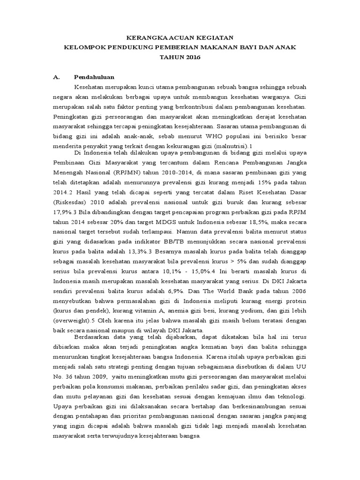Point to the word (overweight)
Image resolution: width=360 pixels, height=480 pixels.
(72, 324)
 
